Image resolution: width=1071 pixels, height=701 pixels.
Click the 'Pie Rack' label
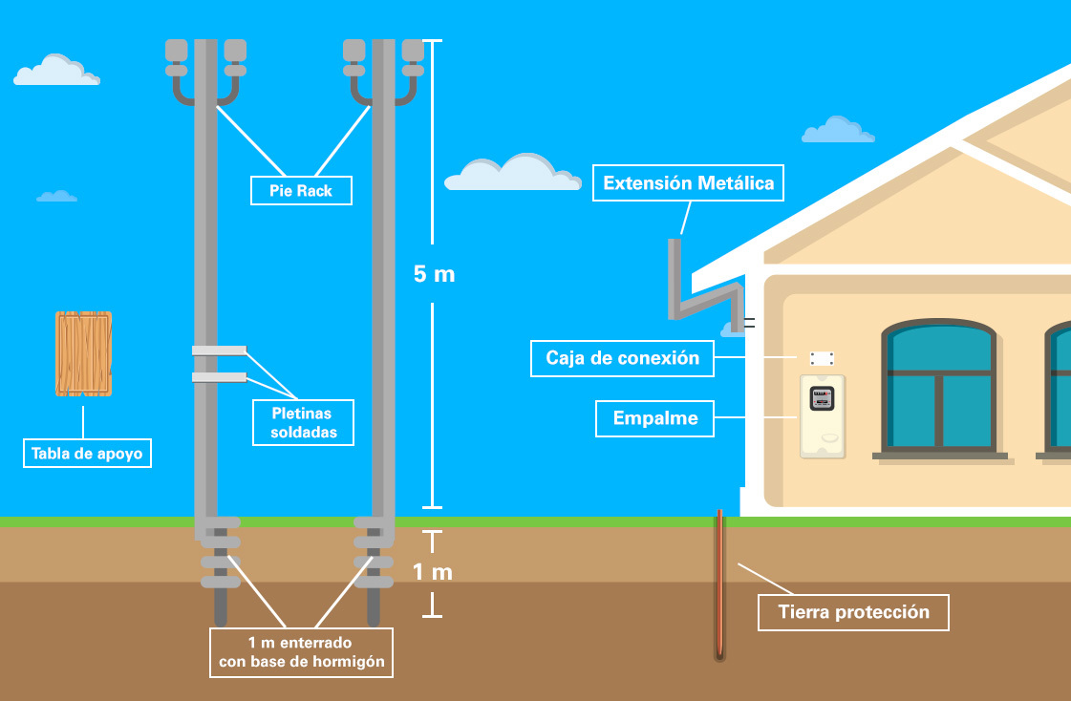coord(301,190)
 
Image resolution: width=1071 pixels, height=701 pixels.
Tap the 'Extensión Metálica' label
coord(688,182)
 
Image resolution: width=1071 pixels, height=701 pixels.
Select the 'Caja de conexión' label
coord(622,358)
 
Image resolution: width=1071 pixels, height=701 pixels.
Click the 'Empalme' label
coord(654,418)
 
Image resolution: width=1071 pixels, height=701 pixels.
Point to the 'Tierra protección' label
coord(853,612)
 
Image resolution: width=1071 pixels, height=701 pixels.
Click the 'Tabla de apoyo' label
coord(87,453)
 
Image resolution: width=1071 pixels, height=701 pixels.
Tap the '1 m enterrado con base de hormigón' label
coord(301,652)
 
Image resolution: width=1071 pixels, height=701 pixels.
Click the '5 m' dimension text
coord(434,274)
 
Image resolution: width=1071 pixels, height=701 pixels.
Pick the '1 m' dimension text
coord(432,572)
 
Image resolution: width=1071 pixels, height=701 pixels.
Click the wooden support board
coord(84,354)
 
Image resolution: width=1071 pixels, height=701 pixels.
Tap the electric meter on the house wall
coord(823,399)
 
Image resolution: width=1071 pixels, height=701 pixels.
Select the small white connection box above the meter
coord(822,358)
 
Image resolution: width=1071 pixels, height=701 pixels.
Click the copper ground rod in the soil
coord(719,583)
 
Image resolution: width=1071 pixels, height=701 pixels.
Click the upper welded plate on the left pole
coord(219,350)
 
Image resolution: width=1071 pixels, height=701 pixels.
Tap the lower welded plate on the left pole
coord(219,377)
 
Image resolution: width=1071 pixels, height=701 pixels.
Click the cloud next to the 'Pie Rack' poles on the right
coord(512,174)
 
